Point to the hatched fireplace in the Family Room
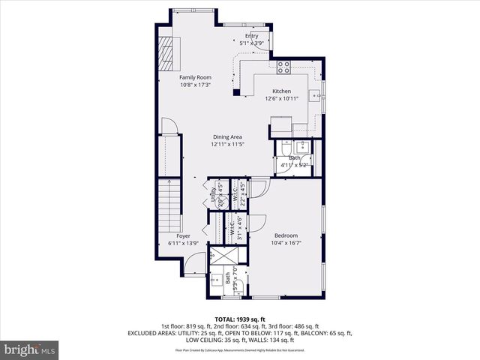(164, 54)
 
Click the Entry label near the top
(251, 36)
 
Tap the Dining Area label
(226, 136)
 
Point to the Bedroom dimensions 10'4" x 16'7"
(288, 242)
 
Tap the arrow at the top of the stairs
(169, 182)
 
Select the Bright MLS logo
(30, 349)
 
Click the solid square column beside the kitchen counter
(236, 93)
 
